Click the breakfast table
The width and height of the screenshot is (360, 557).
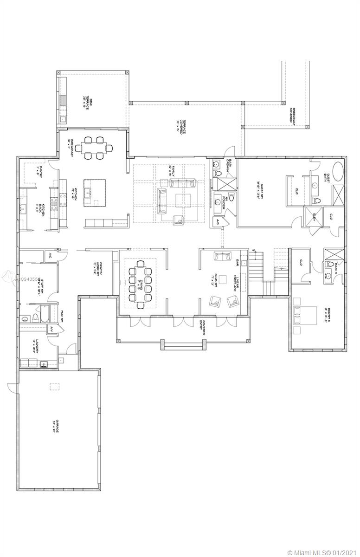[x=95, y=148]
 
